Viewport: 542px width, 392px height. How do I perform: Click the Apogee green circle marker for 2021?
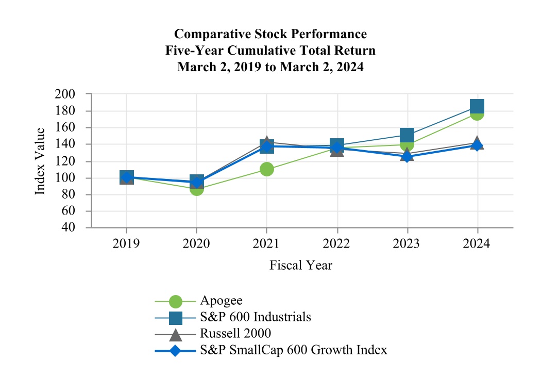(266, 169)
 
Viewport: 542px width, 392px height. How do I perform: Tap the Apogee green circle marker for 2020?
(196, 189)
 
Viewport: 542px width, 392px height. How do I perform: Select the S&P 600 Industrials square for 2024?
(477, 107)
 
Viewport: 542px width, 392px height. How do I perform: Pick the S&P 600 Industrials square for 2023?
(407, 135)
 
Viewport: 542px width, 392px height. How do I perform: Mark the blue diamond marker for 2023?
(407, 156)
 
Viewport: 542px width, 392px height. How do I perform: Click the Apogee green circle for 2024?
(477, 114)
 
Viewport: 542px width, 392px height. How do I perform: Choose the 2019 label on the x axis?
(126, 243)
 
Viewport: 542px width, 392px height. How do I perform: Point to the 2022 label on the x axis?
(337, 243)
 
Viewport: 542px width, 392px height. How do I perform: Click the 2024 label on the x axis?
(477, 243)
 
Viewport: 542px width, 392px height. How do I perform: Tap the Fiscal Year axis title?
(301, 266)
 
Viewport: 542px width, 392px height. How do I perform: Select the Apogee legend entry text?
(221, 301)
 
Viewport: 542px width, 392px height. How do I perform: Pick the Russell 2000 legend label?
(235, 334)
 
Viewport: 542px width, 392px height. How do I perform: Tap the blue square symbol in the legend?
(176, 317)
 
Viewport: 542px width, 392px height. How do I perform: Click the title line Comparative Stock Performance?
(270, 34)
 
